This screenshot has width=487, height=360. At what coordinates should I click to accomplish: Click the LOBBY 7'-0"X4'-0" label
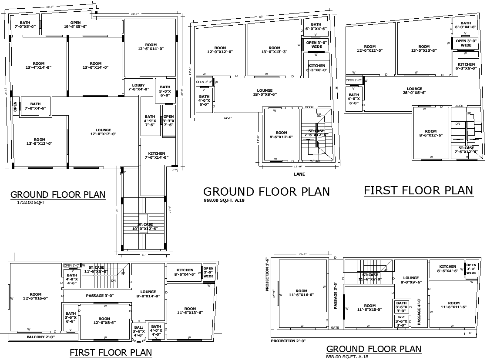(138, 86)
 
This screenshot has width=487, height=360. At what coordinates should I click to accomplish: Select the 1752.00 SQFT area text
(30, 203)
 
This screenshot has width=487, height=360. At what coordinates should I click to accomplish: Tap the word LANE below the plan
(299, 174)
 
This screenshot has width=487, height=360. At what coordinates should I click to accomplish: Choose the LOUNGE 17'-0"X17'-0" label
(103, 132)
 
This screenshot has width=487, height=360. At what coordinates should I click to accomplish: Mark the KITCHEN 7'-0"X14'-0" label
(156, 156)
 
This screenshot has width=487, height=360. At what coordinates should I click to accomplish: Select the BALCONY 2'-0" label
(41, 337)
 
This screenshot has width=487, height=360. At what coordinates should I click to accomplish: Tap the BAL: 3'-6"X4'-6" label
(138, 331)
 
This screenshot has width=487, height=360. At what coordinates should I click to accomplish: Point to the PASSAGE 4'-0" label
(419, 311)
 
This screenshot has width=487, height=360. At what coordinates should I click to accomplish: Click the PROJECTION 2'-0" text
(288, 341)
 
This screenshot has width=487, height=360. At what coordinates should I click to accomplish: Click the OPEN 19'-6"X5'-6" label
(75, 24)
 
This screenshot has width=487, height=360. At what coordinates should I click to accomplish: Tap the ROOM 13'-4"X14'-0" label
(39, 66)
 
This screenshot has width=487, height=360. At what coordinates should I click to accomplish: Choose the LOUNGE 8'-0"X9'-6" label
(410, 280)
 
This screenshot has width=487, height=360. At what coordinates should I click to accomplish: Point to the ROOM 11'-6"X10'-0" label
(369, 307)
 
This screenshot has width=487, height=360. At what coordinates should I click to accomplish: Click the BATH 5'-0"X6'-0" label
(165, 91)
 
